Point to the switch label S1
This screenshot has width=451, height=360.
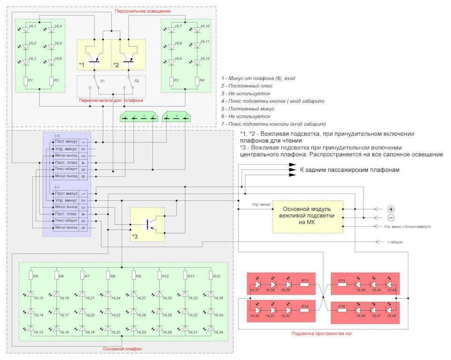102,81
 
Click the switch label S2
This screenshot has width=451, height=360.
137,81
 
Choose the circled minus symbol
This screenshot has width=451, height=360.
391,218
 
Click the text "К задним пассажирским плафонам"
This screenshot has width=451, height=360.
350,170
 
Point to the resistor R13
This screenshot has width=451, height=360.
304,285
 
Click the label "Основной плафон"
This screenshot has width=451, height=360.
122,349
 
